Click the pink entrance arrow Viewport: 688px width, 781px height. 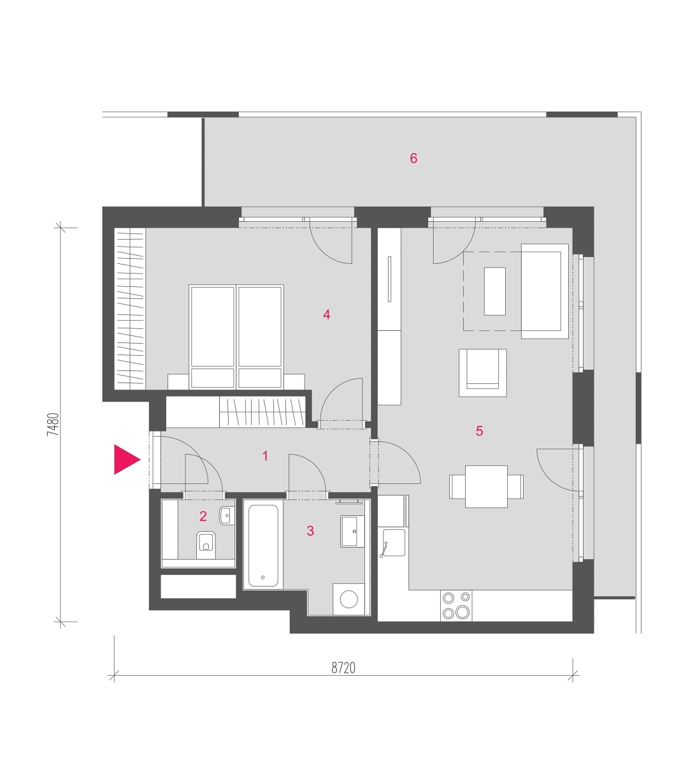[x=126, y=459]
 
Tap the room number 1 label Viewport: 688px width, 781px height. [x=265, y=456]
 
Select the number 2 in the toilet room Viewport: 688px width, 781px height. [x=203, y=516]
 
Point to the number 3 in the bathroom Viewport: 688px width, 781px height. [x=310, y=531]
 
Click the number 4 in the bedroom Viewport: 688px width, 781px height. [x=326, y=314]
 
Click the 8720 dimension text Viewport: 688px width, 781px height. [x=343, y=668]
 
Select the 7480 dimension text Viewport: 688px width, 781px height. [x=53, y=425]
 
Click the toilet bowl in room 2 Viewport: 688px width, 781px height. [x=206, y=545]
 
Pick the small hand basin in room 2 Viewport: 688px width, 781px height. [x=227, y=515]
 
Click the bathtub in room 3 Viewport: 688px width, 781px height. [x=263, y=546]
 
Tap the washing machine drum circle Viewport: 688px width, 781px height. [x=348, y=599]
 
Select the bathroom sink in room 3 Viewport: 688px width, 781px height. [x=352, y=531]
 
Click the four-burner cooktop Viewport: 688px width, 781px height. [x=456, y=606]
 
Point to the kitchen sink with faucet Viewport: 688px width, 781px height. [x=392, y=543]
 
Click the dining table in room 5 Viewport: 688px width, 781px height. [x=486, y=486]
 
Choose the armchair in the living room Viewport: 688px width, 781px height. [x=483, y=373]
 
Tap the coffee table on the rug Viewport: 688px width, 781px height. [x=494, y=291]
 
